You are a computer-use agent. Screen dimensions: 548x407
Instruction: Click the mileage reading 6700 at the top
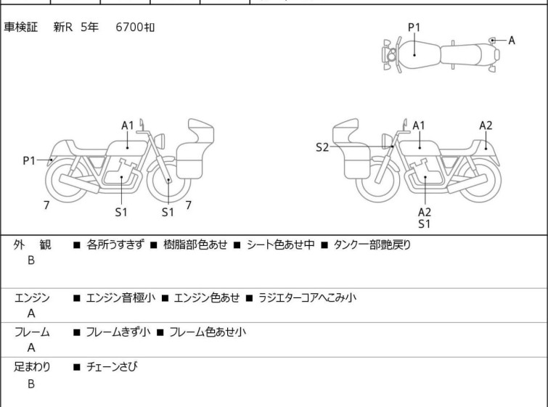point(129,27)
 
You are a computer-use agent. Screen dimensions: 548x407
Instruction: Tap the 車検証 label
point(20,27)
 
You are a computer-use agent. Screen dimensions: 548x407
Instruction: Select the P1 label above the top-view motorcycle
point(414,27)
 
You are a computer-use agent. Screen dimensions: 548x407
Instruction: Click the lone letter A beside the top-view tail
point(512,41)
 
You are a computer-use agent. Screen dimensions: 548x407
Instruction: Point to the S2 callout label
point(322,147)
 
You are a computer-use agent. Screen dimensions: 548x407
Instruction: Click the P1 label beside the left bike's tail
point(29,161)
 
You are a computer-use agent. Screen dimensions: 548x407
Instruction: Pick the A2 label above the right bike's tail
point(486,126)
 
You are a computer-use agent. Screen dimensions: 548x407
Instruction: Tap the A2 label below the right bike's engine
point(425,212)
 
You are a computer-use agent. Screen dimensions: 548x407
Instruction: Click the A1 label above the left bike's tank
point(128,126)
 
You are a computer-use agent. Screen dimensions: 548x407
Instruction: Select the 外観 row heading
point(32,245)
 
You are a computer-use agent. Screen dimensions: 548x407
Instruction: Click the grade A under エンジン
point(31,313)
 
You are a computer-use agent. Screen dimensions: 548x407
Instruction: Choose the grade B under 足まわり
point(31,384)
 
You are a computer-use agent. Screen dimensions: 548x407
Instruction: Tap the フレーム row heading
point(32,332)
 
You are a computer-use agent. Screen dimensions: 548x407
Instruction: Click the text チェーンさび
point(112,367)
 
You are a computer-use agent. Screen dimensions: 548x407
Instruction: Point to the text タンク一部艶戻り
point(372,245)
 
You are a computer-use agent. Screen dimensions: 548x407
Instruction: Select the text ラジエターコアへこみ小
point(307,297)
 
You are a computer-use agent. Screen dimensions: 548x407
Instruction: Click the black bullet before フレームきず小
point(77,332)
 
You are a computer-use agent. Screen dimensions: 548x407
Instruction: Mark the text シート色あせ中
point(281,245)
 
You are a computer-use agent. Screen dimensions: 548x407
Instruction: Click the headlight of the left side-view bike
point(160,141)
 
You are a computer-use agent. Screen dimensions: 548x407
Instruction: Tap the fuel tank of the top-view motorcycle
point(419,55)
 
